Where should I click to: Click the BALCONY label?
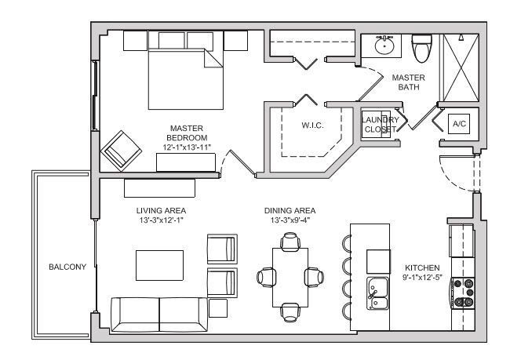coord(67,267)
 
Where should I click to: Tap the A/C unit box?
coord(457,124)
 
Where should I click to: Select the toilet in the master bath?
coord(421,49)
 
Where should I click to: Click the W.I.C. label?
coord(312,125)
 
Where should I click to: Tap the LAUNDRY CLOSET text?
coord(380,124)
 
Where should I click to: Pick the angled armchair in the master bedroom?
coord(122,148)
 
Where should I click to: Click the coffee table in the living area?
coord(160,264)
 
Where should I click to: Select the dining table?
coord(290,276)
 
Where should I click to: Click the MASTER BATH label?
coord(408,82)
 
